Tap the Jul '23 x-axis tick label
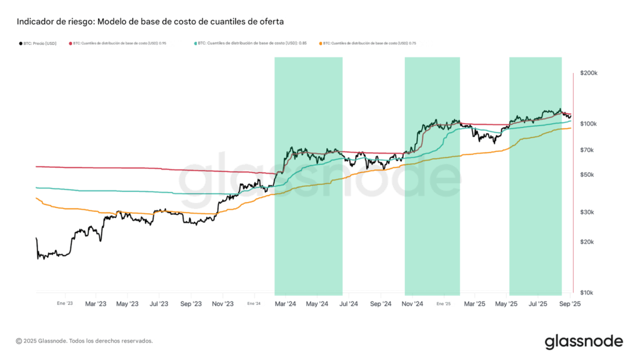pos(159,304)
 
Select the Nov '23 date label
pos(223,304)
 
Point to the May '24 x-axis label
pos(317,304)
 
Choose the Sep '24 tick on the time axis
pos(381,304)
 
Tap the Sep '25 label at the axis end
pos(570,304)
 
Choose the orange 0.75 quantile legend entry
pos(369,43)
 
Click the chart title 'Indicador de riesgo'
pos(150,21)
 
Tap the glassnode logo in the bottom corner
pos(583,341)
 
